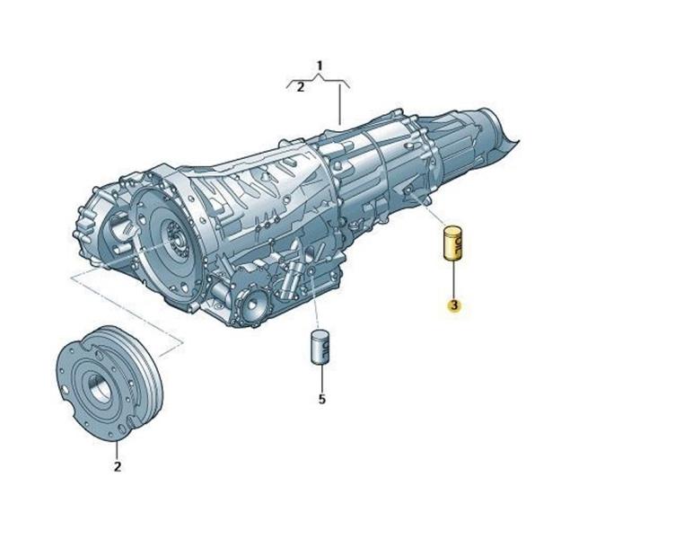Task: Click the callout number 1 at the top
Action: point(320,66)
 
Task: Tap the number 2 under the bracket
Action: point(300,87)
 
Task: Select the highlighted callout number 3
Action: point(453,305)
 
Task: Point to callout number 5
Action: point(322,400)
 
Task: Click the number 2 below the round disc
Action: point(117,466)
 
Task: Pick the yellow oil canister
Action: point(453,243)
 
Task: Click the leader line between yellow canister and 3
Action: point(453,280)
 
